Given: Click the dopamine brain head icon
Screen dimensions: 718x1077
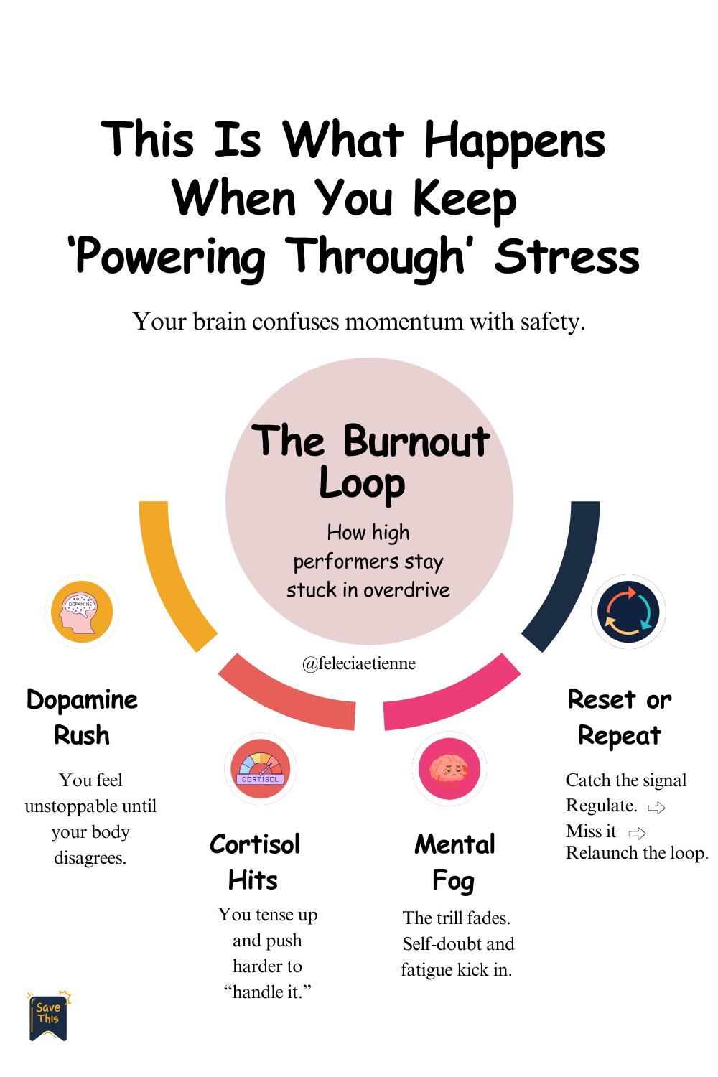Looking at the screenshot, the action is [82, 612].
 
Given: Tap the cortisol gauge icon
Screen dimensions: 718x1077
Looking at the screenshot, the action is [261, 769].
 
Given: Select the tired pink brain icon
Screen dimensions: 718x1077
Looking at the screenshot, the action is [449, 769].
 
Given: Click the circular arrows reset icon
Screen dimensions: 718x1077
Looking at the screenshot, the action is [628, 612].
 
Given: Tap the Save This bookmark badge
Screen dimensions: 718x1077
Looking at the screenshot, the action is [49, 1016].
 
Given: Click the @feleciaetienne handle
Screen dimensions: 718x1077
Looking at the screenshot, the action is [359, 663].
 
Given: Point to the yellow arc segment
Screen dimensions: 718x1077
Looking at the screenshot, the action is [170, 574].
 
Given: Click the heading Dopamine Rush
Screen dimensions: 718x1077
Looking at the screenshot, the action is [82, 717].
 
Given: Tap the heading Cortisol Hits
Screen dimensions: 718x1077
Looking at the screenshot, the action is [254, 862].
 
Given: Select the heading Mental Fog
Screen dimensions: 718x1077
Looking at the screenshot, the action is [454, 862].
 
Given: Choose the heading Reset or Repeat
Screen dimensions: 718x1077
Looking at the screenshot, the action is [620, 717].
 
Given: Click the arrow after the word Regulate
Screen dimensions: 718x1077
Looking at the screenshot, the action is [656, 808].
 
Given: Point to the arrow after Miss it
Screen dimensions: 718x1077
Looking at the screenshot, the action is [637, 834].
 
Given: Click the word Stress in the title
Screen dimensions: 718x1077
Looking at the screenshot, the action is [567, 257].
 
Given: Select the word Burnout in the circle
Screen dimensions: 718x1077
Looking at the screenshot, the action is [416, 442].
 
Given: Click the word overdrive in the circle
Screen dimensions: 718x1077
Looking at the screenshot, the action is [407, 590].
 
